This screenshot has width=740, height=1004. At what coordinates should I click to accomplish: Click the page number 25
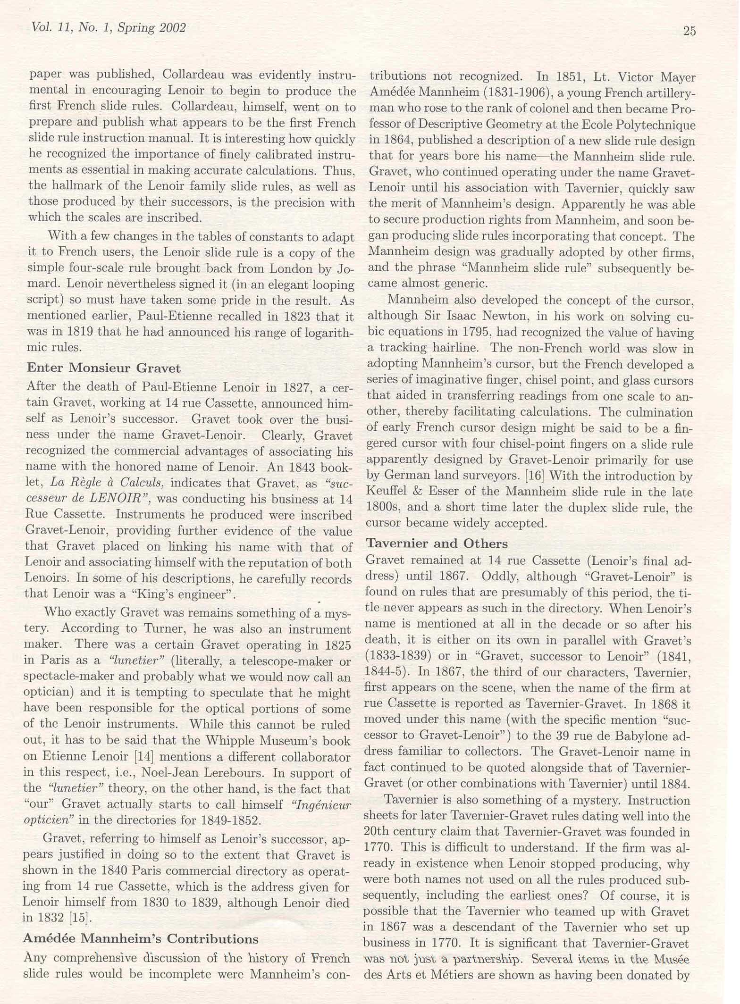(x=689, y=31)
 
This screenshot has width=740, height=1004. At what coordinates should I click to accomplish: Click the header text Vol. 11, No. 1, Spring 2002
(x=108, y=28)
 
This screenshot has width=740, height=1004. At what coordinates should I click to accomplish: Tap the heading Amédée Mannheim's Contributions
(x=141, y=938)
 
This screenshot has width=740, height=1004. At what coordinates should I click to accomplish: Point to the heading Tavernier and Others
(x=437, y=543)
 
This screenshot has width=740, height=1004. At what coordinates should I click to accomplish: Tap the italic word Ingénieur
(x=322, y=804)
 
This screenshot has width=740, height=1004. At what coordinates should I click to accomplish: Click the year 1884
(x=674, y=784)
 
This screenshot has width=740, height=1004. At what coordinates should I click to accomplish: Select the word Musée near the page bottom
(x=671, y=960)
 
